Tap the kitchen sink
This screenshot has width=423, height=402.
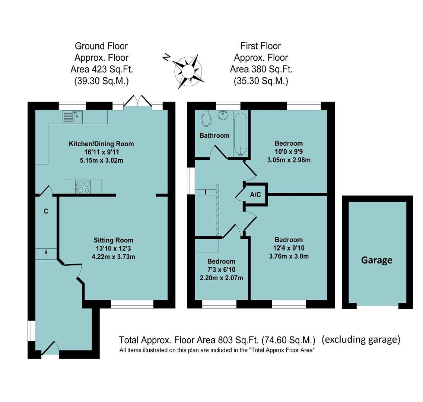(72, 117)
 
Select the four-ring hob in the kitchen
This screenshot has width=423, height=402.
(83, 186)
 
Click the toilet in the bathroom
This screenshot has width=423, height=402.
(206, 118)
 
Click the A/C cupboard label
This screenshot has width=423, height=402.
(255, 194)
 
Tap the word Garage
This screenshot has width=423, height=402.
(376, 260)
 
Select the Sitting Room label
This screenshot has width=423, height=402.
(113, 240)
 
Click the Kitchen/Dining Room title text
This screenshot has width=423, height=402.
(101, 144)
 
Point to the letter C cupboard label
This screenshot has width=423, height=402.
(46, 211)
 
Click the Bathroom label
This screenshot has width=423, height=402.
(214, 135)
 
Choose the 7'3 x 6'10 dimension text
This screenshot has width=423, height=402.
(221, 269)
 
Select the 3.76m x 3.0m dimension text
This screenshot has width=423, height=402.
(289, 256)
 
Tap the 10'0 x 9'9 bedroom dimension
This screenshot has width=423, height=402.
(289, 151)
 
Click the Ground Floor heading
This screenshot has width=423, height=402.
(101, 46)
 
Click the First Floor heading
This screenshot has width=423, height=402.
(261, 46)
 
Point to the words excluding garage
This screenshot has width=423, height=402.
(361, 339)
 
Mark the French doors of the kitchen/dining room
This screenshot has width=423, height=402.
(138, 102)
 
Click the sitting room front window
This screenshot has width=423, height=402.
(132, 304)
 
